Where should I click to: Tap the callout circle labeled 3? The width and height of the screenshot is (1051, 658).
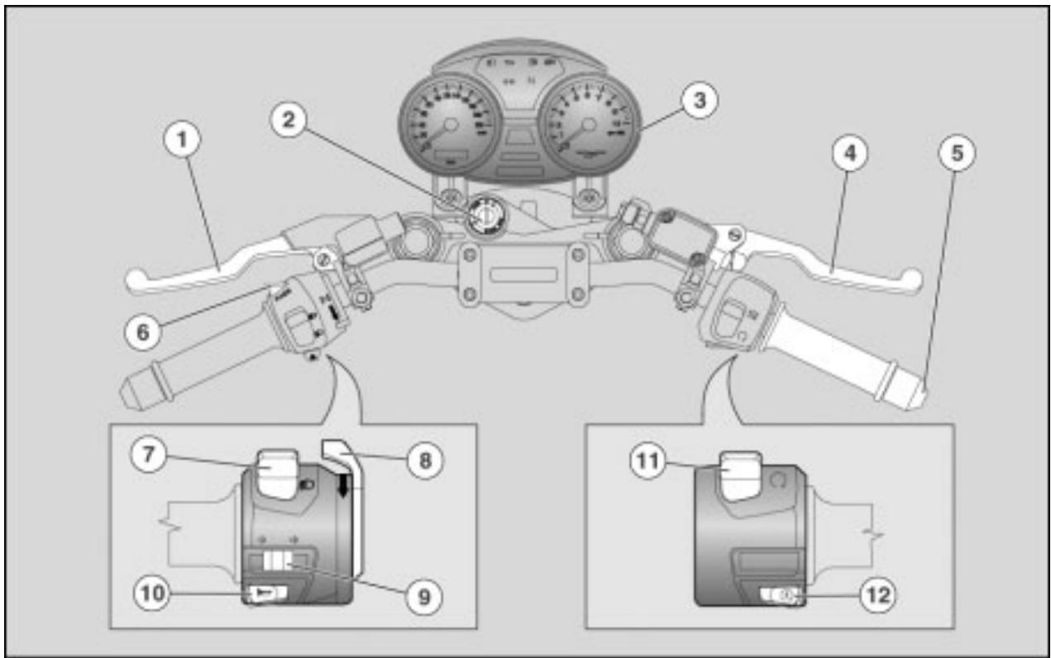click(698, 101)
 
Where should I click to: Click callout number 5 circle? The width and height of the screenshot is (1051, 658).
click(955, 154)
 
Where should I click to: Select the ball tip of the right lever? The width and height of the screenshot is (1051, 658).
click(912, 276)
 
